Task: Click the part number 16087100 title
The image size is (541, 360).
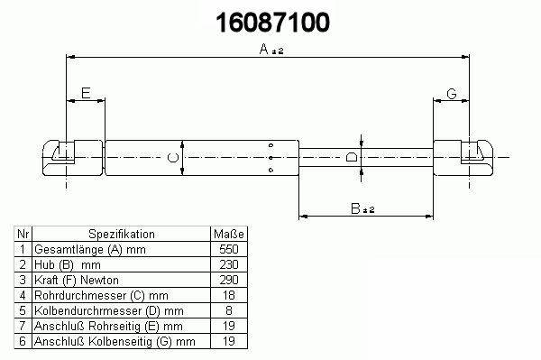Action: [272, 23]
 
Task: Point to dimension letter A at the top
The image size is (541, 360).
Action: [264, 49]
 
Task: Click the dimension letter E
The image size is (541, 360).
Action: [86, 93]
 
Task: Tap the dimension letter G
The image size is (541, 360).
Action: [452, 94]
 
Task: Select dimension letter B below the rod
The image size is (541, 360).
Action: [355, 208]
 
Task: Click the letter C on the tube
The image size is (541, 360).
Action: [173, 158]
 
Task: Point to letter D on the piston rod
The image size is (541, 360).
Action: [352, 158]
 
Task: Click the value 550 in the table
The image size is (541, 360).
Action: [229, 249]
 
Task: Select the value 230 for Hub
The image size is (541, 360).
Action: [229, 264]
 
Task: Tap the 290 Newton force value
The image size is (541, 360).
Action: [229, 280]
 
